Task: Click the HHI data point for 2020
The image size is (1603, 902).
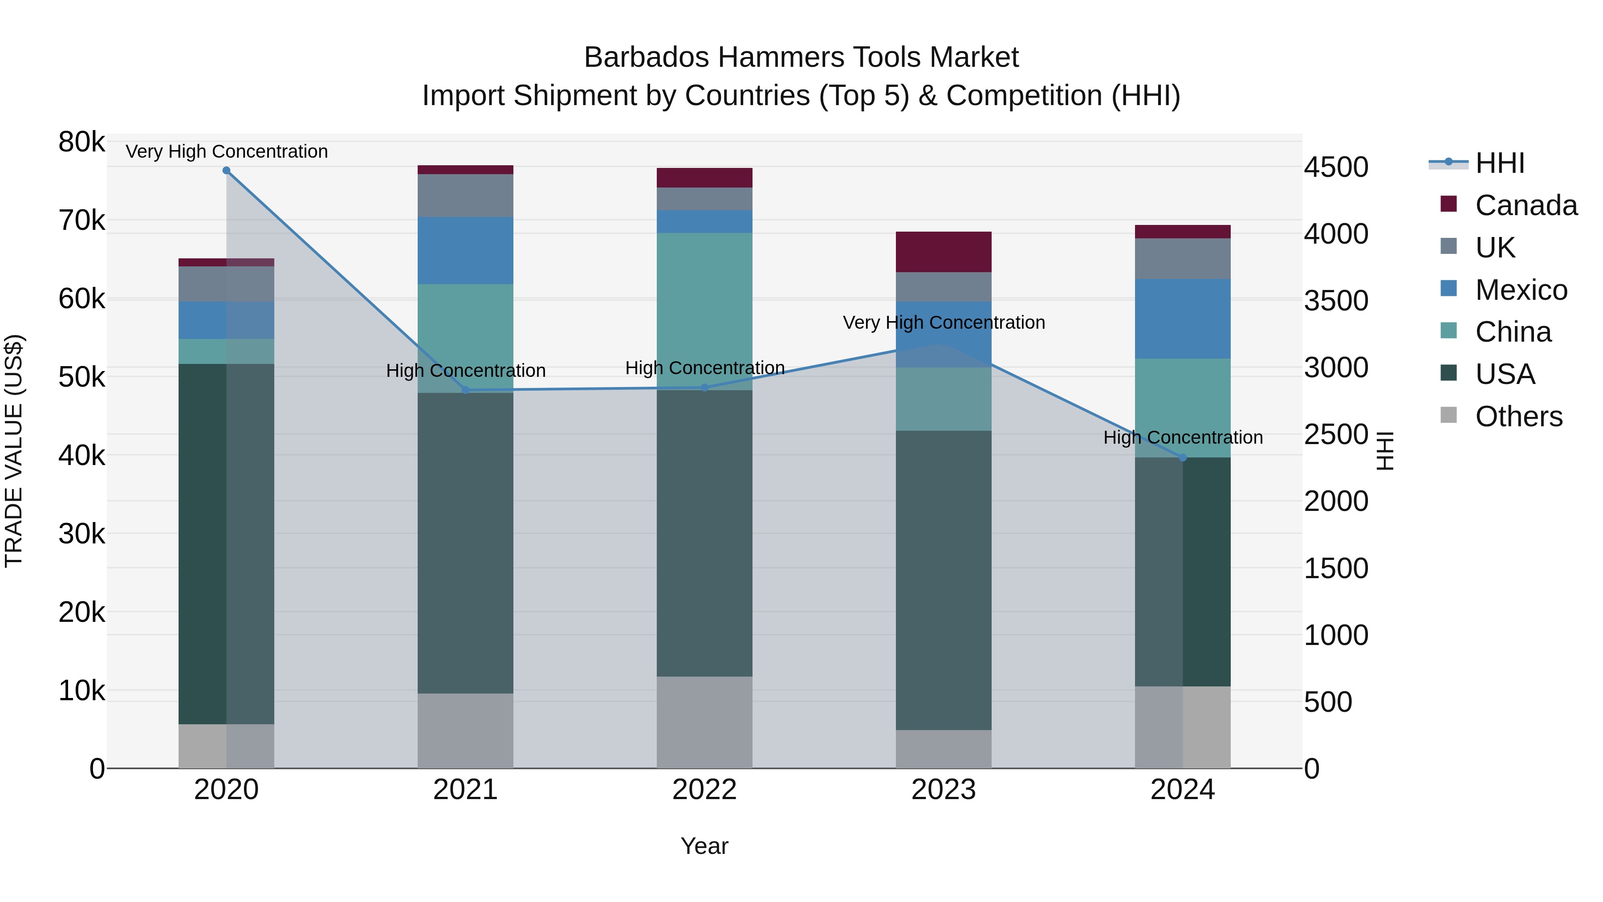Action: click(x=227, y=171)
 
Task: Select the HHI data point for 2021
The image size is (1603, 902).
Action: click(x=465, y=390)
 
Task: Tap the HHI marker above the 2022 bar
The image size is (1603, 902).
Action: click(x=704, y=387)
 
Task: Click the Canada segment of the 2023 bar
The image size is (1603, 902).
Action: click(x=944, y=252)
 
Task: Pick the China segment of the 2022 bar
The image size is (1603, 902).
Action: click(x=704, y=311)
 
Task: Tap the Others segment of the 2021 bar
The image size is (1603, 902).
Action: click(x=465, y=731)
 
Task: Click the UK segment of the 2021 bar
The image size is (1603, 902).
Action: click(x=465, y=196)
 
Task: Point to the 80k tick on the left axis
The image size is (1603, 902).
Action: click(x=81, y=142)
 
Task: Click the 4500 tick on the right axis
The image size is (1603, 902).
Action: click(x=1336, y=167)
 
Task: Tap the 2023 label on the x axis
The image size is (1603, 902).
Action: click(x=944, y=790)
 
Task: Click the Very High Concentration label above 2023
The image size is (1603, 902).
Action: click(x=944, y=322)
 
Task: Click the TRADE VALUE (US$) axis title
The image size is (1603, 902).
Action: click(x=14, y=451)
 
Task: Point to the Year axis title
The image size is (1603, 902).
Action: click(x=704, y=846)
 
